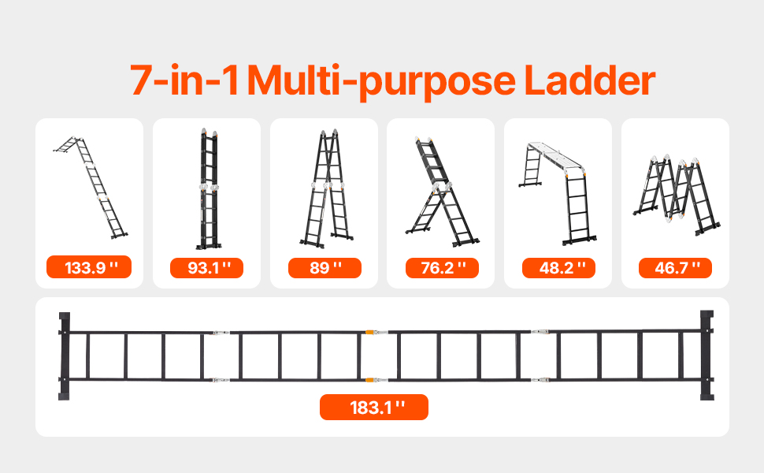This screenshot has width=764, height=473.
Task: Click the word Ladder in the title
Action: click(x=590, y=80)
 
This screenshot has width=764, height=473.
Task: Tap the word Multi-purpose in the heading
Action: click(x=381, y=82)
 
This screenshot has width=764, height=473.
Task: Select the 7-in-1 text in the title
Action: click(x=184, y=80)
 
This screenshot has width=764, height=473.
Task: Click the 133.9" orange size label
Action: click(x=89, y=267)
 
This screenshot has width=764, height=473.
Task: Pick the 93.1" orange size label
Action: click(x=206, y=268)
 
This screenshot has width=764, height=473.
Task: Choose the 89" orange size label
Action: click(x=325, y=268)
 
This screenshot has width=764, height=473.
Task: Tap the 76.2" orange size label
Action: click(x=442, y=268)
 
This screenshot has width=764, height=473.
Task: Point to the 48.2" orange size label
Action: click(x=558, y=268)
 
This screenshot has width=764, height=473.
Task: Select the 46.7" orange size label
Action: click(x=675, y=268)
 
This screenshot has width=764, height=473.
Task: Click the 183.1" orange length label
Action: click(x=373, y=407)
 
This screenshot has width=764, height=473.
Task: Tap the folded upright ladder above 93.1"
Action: click(x=209, y=188)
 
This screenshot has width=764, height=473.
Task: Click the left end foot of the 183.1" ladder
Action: click(x=65, y=356)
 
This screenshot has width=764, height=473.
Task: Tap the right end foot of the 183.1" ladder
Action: click(x=707, y=355)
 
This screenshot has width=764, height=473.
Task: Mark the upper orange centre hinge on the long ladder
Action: click(x=370, y=332)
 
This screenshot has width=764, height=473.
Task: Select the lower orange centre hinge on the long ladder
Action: click(x=370, y=379)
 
